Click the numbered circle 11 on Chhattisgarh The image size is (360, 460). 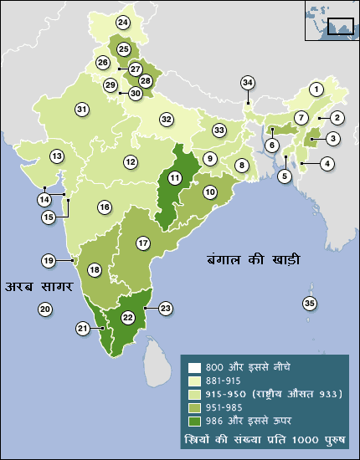174,177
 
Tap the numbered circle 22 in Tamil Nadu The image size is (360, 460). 128,318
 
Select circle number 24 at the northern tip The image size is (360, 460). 124,22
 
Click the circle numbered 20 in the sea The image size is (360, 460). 45,309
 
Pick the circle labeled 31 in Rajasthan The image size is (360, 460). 81,110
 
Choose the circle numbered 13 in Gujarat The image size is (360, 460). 57,156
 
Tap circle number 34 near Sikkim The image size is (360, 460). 247,83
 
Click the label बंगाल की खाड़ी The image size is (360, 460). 254,259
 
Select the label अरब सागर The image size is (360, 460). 37,287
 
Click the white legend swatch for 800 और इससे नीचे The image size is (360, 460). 194,367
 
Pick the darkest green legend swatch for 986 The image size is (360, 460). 194,419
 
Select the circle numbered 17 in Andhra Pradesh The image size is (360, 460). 143,243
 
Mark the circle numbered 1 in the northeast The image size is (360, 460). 316,89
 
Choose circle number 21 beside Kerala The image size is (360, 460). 83,330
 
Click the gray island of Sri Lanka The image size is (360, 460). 157,360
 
